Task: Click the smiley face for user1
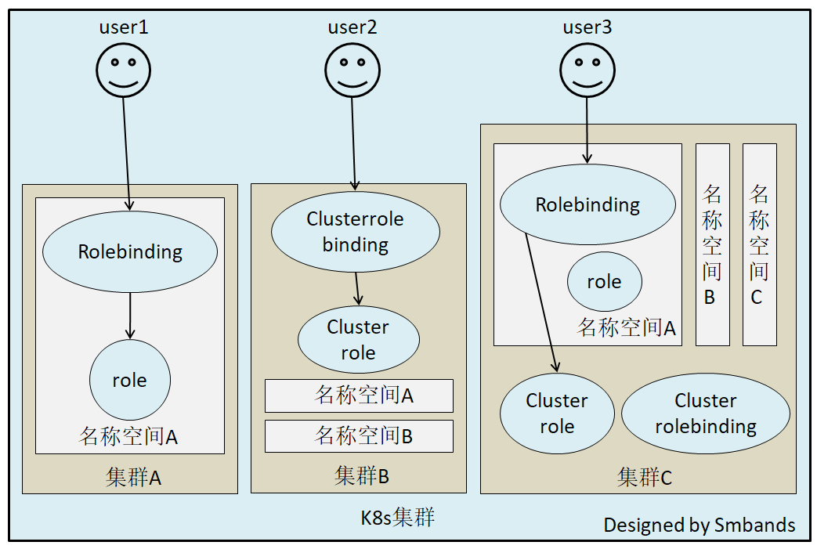coord(124,70)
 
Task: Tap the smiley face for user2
coord(352,70)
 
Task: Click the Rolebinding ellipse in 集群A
coord(130,252)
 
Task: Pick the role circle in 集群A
coord(130,381)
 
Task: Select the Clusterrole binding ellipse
coord(356,232)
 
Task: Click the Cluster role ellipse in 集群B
coord(359,340)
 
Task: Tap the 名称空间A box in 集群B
coord(359,395)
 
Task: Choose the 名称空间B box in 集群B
coord(359,436)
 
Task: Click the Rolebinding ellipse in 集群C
coord(587,205)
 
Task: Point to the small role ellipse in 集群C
coord(604,282)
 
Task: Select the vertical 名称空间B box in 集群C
coord(712,244)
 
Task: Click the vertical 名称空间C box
coord(759,244)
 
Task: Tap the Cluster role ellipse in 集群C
coord(557,414)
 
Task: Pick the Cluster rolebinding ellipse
coord(706,414)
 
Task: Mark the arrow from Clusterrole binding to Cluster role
coord(358,288)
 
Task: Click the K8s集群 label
coord(397,518)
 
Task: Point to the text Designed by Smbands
coord(699,525)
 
